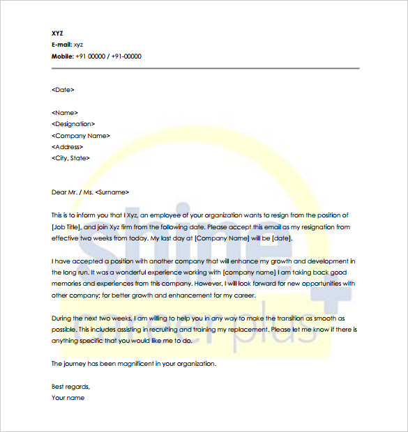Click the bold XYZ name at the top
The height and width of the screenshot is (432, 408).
coord(57,33)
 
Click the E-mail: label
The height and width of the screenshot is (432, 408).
coord(61,45)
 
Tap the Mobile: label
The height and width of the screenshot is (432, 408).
coord(62,56)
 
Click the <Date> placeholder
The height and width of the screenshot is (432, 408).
coord(63,90)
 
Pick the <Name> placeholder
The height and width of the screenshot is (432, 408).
coord(65,113)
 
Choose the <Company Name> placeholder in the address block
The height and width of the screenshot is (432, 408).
coord(80,136)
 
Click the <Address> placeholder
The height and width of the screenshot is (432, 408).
coord(68,147)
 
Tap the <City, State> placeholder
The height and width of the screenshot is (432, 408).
coord(70,158)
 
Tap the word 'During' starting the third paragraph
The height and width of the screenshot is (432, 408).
coord(61,318)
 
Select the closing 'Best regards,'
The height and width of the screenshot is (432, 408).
coord(70,386)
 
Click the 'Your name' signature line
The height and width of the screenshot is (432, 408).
coord(68,398)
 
